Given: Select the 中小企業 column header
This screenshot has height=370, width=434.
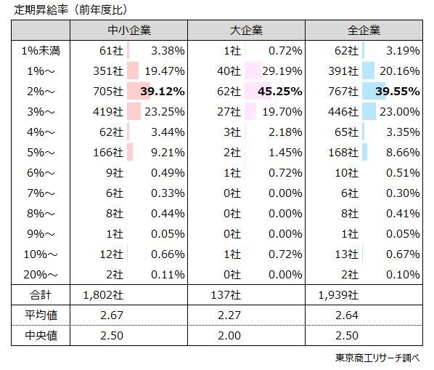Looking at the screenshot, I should coord(128,31).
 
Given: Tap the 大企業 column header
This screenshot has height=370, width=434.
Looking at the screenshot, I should coord(246,31).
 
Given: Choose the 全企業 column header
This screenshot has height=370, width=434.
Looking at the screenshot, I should coord(364,31).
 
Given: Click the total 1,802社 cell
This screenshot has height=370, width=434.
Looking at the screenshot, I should coord(105,295).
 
